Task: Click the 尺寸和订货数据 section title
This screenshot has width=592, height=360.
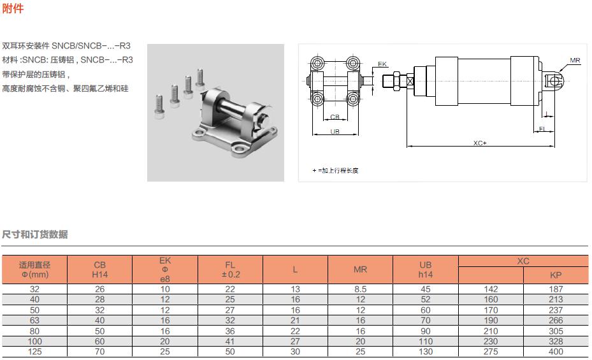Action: click(x=34, y=234)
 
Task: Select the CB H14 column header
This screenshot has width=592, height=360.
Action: click(x=100, y=270)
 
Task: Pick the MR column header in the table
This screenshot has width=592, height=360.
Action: click(x=360, y=270)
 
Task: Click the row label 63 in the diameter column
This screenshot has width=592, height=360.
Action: click(x=34, y=321)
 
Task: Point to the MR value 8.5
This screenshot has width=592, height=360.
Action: click(x=360, y=289)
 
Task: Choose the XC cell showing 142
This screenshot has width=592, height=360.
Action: click(x=491, y=289)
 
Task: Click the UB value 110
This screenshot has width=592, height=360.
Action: click(x=426, y=342)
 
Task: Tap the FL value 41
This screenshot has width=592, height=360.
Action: click(x=230, y=342)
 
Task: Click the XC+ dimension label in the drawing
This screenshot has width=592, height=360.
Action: click(x=480, y=143)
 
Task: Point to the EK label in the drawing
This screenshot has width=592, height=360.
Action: click(x=382, y=64)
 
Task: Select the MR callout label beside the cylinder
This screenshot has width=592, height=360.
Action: click(x=575, y=61)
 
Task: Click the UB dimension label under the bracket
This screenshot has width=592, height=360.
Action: click(x=335, y=131)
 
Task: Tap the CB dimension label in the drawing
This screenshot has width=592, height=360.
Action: click(x=335, y=117)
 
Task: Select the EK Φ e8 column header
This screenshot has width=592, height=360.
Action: click(x=165, y=270)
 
